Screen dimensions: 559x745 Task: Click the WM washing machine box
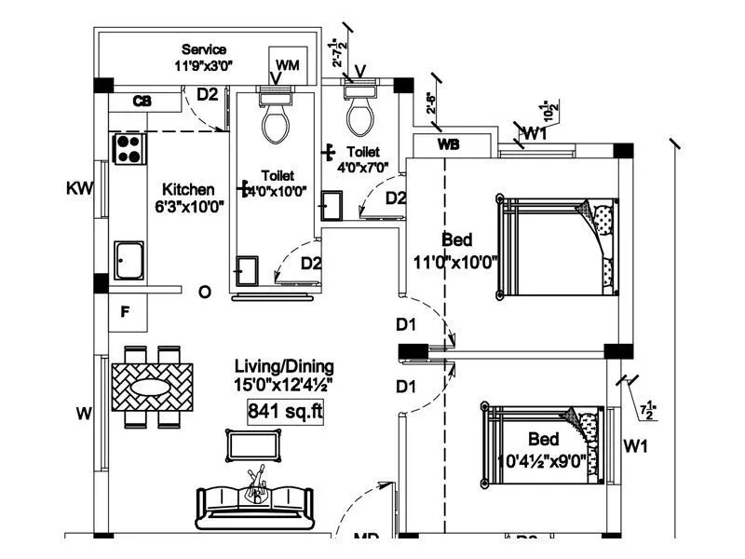point(288,64)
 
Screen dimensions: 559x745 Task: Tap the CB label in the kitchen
point(142,101)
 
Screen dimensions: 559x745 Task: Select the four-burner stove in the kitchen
point(129,148)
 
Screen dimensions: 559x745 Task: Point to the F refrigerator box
point(128,312)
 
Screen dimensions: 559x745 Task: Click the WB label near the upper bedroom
point(448,145)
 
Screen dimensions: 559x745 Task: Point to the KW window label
point(80,189)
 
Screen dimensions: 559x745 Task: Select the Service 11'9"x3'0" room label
point(204,58)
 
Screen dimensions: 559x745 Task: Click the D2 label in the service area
point(207,94)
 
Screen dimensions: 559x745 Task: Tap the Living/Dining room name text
point(284,366)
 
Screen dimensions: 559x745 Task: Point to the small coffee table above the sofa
point(247,443)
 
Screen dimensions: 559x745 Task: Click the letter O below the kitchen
point(205,293)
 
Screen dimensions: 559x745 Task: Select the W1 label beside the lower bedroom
point(636,447)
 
